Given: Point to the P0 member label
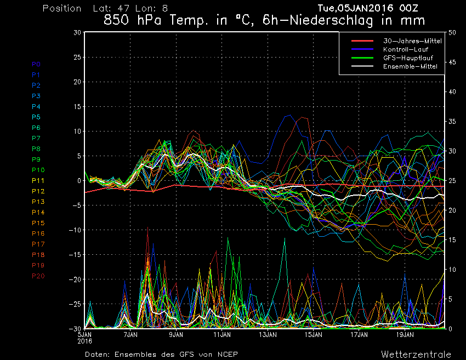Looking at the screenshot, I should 36,64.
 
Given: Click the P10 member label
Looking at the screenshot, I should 38,170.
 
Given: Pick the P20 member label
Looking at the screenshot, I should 38,276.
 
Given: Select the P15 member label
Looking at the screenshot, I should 38,223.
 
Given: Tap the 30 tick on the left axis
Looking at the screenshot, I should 78,32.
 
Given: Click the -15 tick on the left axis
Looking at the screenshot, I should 76,255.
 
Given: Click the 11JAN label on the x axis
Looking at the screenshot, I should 221,334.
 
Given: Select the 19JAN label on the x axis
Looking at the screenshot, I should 405,334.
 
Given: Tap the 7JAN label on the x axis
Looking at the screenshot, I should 130,334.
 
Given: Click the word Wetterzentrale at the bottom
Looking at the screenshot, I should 416,354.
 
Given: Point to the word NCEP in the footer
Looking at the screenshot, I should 227,354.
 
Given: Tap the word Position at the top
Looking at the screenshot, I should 61,9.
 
